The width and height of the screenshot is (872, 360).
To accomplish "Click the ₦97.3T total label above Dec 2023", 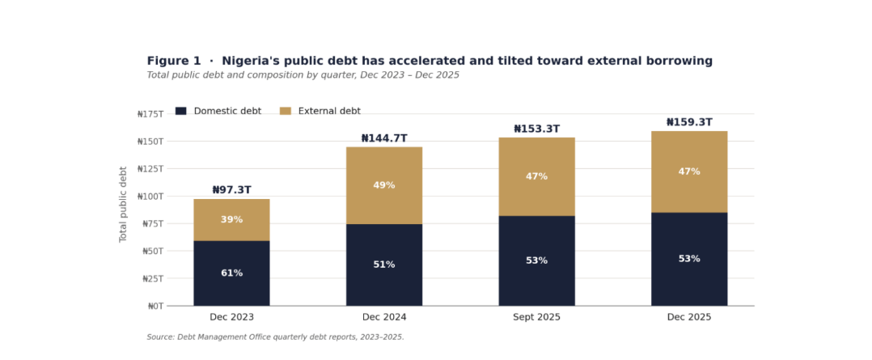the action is pos(232,190).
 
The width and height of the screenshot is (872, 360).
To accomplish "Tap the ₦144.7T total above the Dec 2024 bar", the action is pos(384,138).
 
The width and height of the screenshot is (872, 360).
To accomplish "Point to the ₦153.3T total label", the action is pos(536,129).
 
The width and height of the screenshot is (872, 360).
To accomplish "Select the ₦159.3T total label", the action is pos(689,122).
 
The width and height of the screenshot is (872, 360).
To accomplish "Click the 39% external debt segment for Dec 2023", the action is pos(232,220).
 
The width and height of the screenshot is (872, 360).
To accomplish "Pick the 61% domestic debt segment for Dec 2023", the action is pos(232,273).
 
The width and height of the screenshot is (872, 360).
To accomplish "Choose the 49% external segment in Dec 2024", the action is pos(384,186).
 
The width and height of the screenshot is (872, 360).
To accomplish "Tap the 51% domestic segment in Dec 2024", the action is pos(384,265).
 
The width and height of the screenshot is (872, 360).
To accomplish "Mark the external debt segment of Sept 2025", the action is pos(536,177).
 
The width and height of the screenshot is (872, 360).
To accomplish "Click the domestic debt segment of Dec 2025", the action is pos(689,259).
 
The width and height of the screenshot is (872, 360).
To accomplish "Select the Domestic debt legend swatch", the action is pos(180,112).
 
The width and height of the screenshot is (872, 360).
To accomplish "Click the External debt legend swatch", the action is pos(286,112).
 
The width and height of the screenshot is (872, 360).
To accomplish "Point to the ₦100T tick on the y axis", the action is pos(150,197).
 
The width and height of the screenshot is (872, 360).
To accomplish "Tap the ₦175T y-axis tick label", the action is pos(150,114).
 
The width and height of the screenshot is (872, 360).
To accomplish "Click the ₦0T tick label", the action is pos(155,306).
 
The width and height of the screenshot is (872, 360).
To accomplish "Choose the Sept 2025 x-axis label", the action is pos(536,317).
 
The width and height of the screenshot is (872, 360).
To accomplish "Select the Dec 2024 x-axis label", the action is pos(384,317).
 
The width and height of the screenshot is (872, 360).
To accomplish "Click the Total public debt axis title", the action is pos(124,204).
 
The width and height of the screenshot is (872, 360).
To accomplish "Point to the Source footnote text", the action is pos(275,337).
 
